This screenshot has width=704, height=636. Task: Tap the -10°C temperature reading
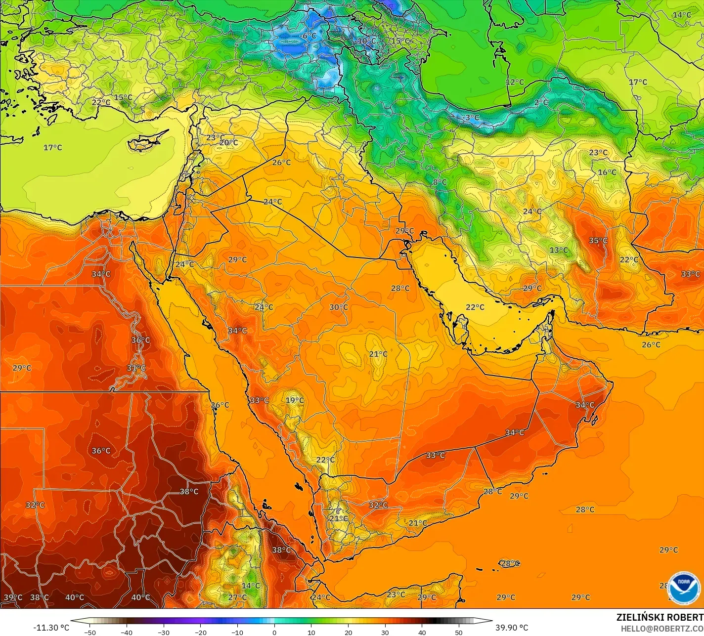366,41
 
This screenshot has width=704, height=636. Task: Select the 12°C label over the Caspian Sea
515,82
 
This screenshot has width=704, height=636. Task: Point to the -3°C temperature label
472,118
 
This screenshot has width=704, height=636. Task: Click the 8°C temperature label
440,182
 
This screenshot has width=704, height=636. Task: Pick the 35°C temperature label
598,241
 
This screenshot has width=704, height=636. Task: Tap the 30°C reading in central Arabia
339,307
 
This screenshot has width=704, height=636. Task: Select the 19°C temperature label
295,400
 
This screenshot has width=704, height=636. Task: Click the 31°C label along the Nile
136,368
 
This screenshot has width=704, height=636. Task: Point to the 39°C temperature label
13,597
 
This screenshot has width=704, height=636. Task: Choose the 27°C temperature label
237,597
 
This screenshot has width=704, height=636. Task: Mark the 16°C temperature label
607,172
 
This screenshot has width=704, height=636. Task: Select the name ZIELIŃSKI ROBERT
660,618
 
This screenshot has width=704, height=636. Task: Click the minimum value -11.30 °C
51,628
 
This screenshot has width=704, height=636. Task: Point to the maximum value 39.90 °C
512,628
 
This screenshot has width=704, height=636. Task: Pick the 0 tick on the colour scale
274,633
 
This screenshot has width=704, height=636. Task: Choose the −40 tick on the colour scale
127,633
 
